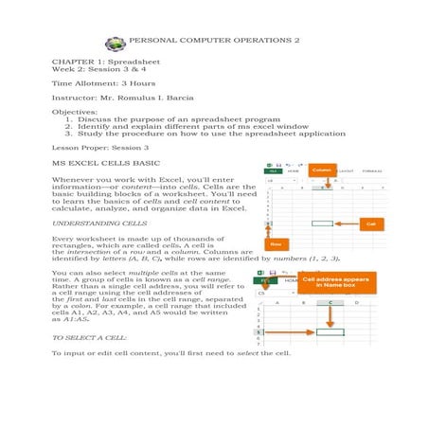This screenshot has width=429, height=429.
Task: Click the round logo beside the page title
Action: [116, 43]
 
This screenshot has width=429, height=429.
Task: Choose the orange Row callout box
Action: [277, 244]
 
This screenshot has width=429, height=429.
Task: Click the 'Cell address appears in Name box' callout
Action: [335, 282]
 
